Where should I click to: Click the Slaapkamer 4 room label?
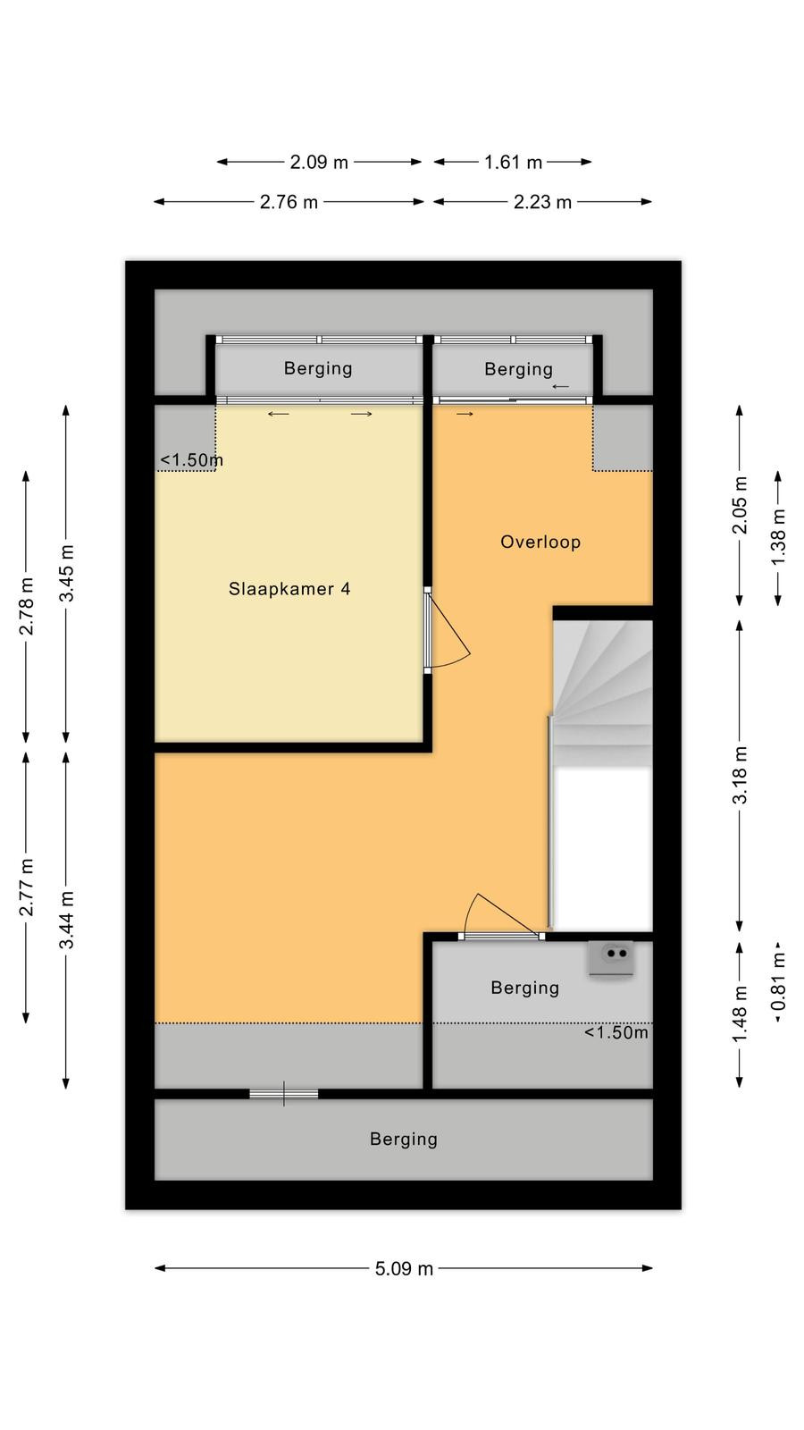(x=289, y=589)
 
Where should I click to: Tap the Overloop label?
(x=540, y=542)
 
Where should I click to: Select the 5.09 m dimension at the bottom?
(x=404, y=1268)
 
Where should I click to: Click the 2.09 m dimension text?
(x=319, y=162)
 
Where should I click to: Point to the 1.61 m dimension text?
(x=513, y=162)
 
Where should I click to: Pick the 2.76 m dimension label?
(x=289, y=202)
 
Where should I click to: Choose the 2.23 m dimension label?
(x=542, y=202)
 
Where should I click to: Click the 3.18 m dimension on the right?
(x=740, y=775)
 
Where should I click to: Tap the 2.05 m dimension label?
(x=740, y=505)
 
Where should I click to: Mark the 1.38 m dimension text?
(x=778, y=537)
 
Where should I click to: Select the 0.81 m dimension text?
(x=778, y=981)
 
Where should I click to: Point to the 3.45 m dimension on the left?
(x=66, y=573)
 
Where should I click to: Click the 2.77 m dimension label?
(x=26, y=887)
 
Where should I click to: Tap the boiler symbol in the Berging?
(x=611, y=958)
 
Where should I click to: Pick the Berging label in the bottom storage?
(x=404, y=1140)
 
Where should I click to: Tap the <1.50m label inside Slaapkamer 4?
(x=191, y=459)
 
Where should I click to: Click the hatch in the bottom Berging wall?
(x=284, y=1094)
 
